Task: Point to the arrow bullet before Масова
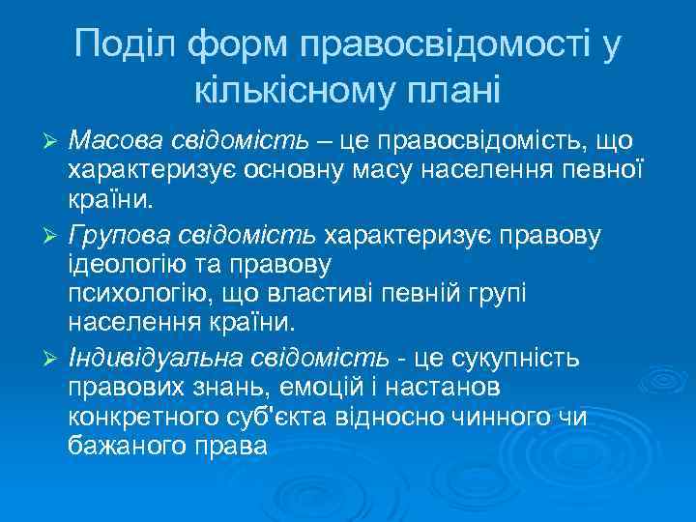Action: tap(54, 141)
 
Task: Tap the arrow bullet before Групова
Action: tap(54, 235)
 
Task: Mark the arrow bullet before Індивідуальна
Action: tap(54, 359)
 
